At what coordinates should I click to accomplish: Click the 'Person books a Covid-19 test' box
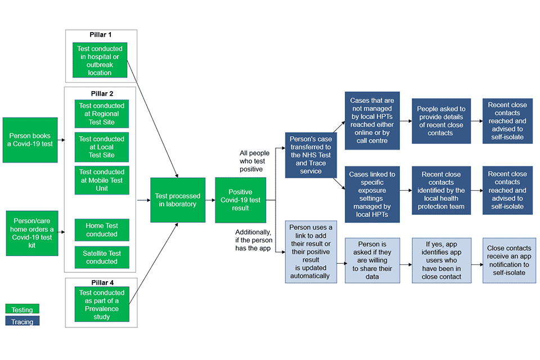(x=30, y=140)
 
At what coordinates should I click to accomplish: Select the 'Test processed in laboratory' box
(x=177, y=200)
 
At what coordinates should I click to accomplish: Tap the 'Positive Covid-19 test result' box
(x=240, y=200)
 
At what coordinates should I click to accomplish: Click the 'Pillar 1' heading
(x=101, y=35)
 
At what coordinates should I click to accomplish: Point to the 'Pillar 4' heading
(x=101, y=282)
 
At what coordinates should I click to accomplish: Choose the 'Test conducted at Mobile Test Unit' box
(x=102, y=180)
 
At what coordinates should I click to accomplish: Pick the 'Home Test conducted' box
(x=102, y=229)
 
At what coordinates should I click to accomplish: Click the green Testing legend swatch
(x=22, y=309)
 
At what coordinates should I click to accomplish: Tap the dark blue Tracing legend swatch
(x=22, y=321)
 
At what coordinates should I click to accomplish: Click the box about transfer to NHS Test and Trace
(x=310, y=155)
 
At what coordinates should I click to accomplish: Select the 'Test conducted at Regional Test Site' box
(x=102, y=114)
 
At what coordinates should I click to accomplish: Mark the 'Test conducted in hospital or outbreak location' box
(x=100, y=61)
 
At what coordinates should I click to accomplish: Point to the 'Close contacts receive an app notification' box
(x=507, y=260)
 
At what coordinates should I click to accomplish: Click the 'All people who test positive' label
(x=254, y=160)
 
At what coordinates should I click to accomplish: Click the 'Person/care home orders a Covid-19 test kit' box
(x=31, y=233)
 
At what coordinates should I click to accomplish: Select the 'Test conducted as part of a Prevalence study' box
(x=102, y=304)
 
